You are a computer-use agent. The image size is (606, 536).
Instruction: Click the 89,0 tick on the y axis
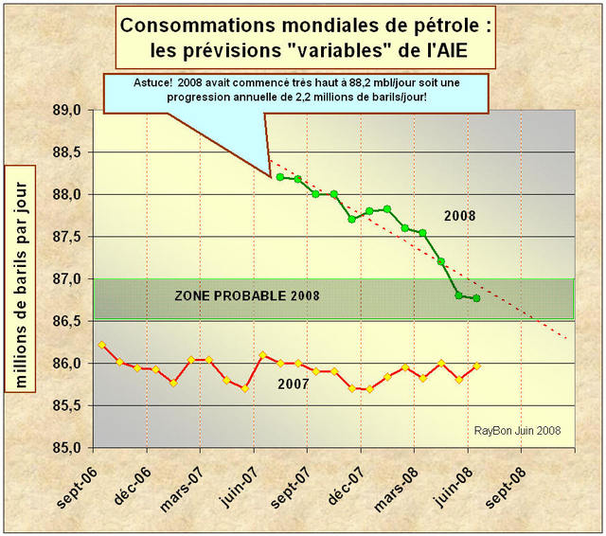pos(73,111)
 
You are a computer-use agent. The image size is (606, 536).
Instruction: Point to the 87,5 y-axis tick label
pos(73,237)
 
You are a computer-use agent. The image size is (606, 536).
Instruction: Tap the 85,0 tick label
pos(73,448)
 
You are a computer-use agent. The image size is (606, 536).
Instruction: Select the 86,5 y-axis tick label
pos(73,321)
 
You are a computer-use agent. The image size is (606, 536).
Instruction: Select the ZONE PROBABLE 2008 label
pos(247,296)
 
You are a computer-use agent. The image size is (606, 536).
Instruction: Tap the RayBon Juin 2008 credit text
pos(517,430)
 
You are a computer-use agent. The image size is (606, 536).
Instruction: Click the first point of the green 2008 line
pos(280,176)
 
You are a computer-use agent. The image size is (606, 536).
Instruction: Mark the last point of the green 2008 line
pos(476,298)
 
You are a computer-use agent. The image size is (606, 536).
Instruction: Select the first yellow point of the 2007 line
pos(101,345)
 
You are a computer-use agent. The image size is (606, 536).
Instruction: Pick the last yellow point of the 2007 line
pos(476,366)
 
